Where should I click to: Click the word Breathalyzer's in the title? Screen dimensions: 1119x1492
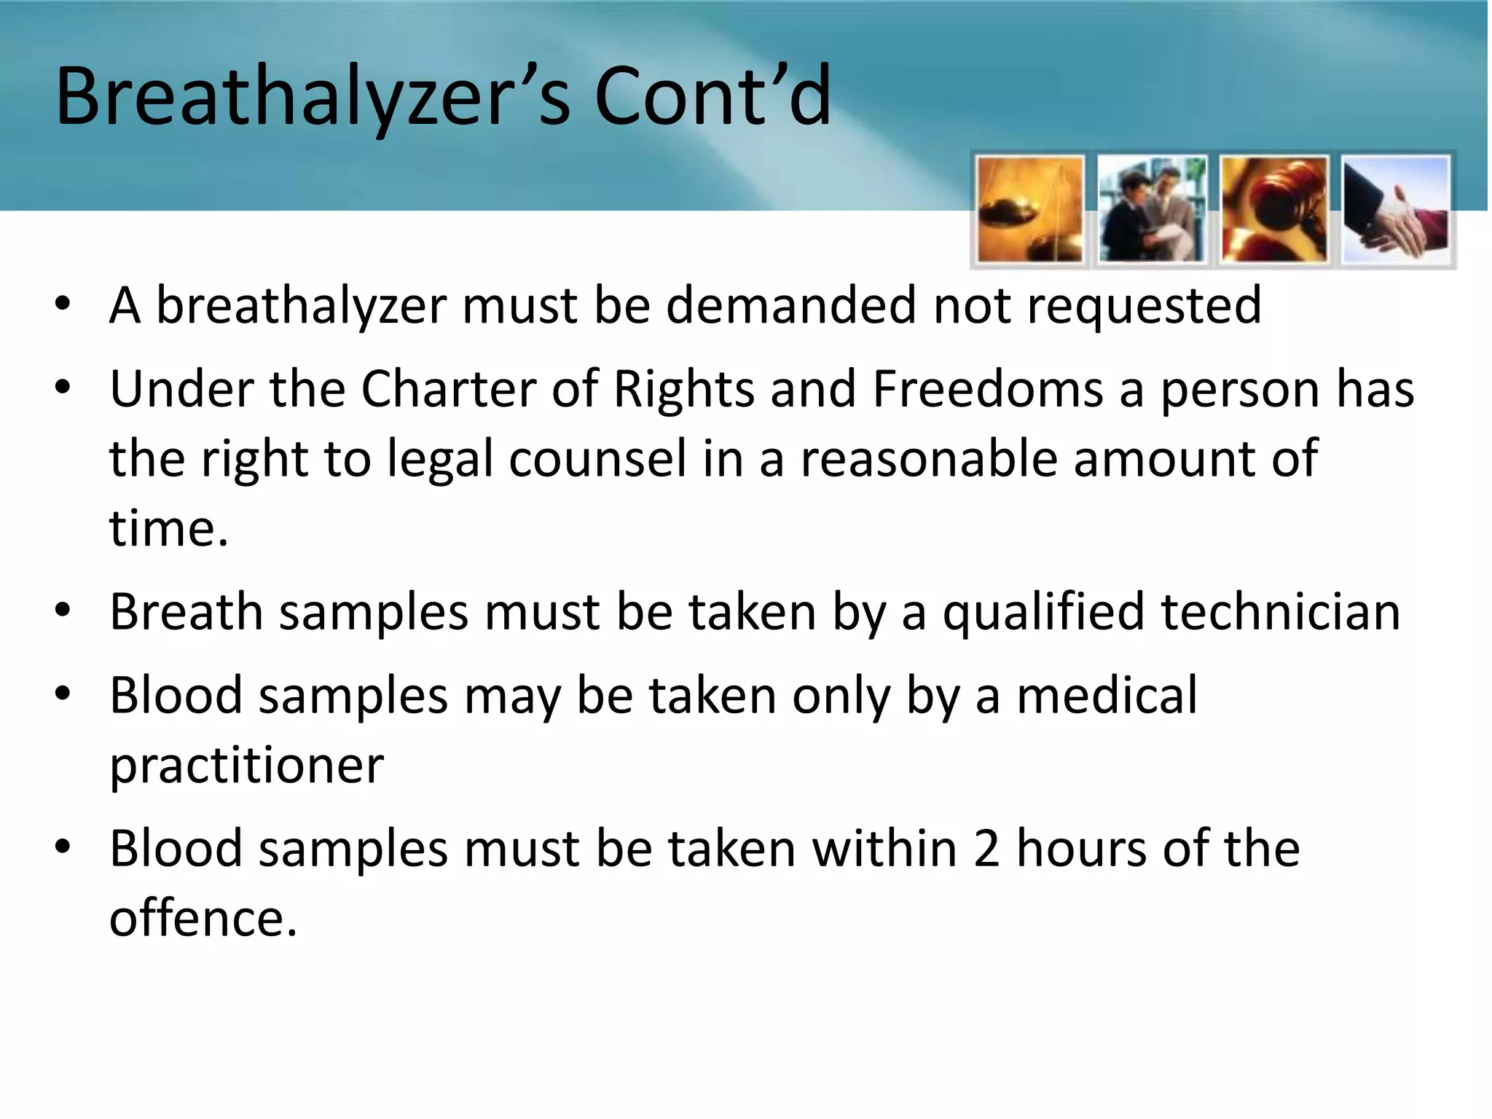coord(313,97)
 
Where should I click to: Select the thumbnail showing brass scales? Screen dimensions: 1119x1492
coord(1029,210)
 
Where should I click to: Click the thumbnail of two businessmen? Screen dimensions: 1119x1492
coord(1152,210)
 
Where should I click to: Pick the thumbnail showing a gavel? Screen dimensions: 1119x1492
coord(1274,210)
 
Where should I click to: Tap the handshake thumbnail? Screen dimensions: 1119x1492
coord(1397,210)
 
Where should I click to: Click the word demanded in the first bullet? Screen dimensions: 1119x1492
coord(791,305)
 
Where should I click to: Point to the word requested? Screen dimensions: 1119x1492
coord(1144,307)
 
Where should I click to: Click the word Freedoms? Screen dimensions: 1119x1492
coord(988,389)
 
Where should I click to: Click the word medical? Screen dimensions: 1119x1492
coord(1107,696)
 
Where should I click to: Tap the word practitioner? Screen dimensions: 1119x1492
coord(246,767)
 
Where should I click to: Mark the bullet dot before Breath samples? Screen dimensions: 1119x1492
coord(63,610)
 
